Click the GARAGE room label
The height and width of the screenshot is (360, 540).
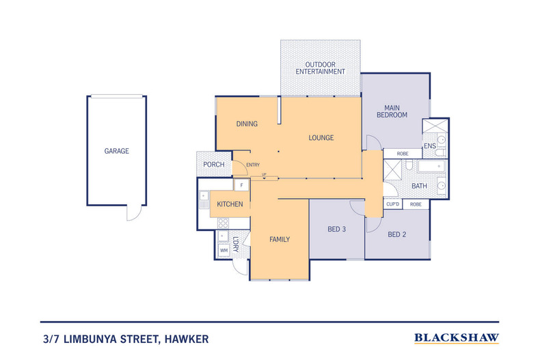point(117,151)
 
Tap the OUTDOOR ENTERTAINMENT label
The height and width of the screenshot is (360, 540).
point(321,68)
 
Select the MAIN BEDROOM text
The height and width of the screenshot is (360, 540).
point(392,111)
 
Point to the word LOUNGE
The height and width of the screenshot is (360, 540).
point(321,138)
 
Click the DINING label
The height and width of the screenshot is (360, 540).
point(247,124)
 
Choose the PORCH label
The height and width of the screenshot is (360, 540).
point(214,165)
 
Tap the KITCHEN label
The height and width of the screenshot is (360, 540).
point(230,204)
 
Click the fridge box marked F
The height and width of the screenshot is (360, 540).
point(242,185)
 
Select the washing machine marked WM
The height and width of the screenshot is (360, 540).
point(224,250)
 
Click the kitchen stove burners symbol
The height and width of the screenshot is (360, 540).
point(223,223)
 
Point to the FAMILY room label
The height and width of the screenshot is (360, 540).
point(280,239)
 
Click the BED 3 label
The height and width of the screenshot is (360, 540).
point(336,229)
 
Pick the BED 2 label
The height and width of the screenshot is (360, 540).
point(396,234)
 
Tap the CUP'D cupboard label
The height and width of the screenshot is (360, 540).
point(392,204)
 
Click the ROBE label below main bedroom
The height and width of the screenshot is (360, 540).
point(403,154)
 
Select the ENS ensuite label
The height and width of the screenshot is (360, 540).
point(429,146)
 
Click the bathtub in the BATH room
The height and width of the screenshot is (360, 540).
point(432,166)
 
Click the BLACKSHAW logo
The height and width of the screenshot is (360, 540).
point(457,338)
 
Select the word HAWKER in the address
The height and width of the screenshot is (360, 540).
point(187,340)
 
